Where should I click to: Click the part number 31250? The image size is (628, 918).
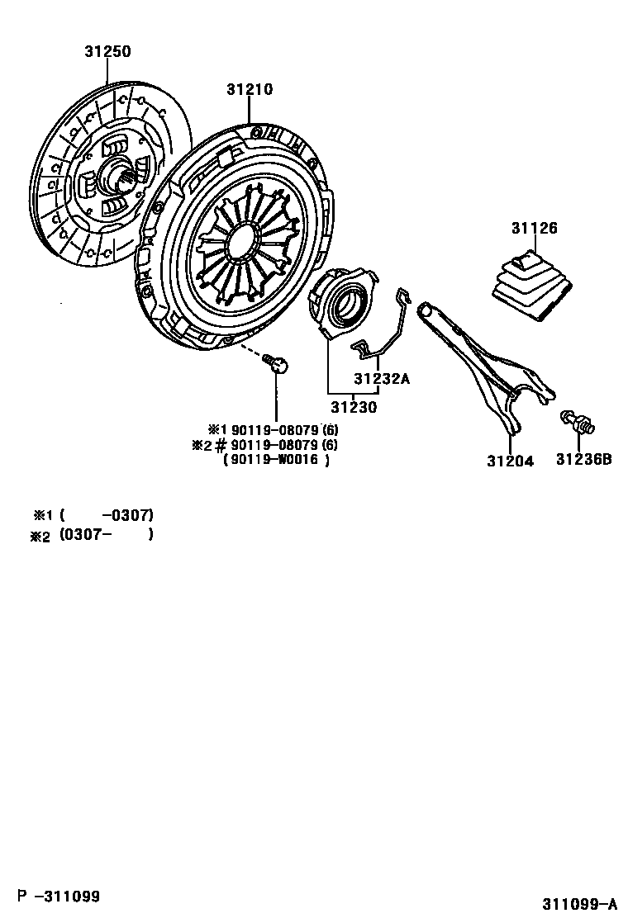[x=107, y=52]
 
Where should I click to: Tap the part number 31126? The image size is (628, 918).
[x=533, y=229]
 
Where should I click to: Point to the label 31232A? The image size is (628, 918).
[x=382, y=379]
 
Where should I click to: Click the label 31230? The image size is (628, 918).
[x=354, y=406]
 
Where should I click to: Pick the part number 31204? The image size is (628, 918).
[x=510, y=461]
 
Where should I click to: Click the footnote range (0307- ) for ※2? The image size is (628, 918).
[x=107, y=535]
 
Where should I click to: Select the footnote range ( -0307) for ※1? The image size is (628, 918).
[x=107, y=515]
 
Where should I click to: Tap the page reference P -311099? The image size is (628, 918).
[x=60, y=895]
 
